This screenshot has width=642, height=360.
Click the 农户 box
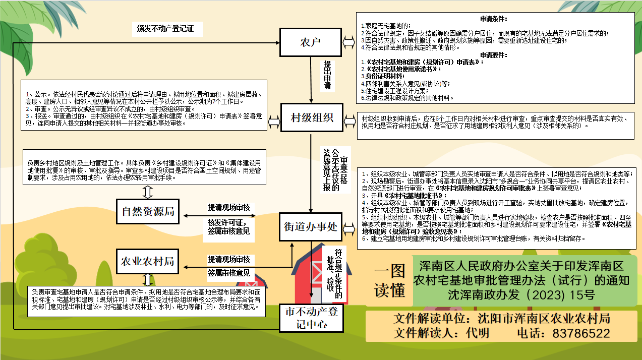[311, 42]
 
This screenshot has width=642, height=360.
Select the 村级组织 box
[312, 118]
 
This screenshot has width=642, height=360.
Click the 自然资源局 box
[148, 212]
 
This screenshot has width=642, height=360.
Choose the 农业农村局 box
[148, 261]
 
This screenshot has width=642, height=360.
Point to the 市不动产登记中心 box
[311, 318]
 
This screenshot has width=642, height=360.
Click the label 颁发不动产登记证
[165, 29]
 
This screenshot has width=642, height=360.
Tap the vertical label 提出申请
[327, 75]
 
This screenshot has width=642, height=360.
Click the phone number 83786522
[581, 333]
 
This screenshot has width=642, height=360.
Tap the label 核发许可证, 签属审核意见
[228, 227]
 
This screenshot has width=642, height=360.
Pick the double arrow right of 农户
[348, 42]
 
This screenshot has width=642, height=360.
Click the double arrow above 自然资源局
[148, 192]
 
